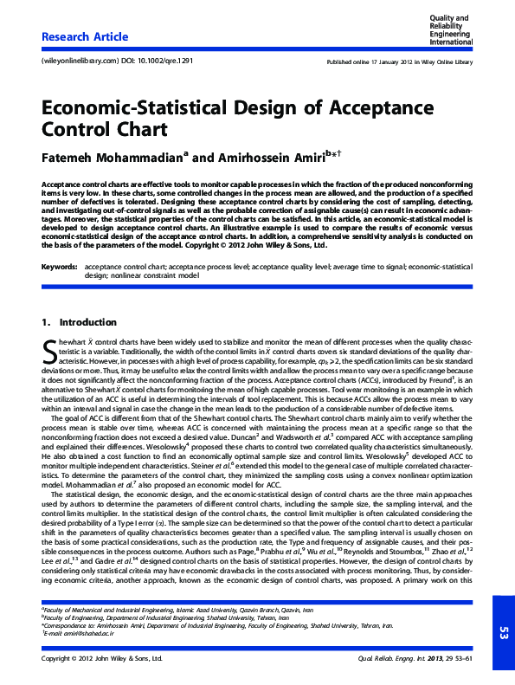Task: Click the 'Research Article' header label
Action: pos(85,36)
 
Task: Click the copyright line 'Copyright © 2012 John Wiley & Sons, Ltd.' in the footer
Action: pos(102,659)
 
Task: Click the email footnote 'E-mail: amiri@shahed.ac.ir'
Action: pos(78,634)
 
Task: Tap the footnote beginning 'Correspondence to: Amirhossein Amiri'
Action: pos(216,625)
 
